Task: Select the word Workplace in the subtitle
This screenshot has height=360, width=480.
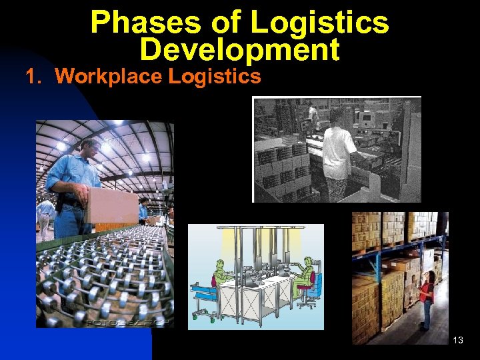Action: pos(109,77)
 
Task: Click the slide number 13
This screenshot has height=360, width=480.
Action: pos(458,341)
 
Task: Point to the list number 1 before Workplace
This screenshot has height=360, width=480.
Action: pos(33,77)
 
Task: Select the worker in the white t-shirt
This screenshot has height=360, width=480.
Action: pos(338,150)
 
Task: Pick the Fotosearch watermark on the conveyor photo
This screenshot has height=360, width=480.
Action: pos(127,322)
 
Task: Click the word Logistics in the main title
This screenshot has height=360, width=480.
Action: pos(320,22)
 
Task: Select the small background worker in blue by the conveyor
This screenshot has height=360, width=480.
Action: pos(143,210)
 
